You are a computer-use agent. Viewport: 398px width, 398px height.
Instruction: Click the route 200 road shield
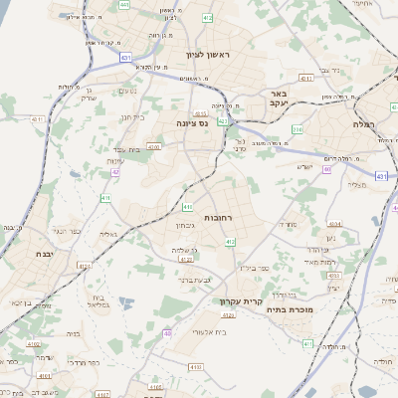pos(297,129)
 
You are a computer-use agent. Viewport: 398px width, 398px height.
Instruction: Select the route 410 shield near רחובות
pos(188,207)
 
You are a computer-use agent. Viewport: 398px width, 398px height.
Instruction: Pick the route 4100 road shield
pos(154,146)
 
